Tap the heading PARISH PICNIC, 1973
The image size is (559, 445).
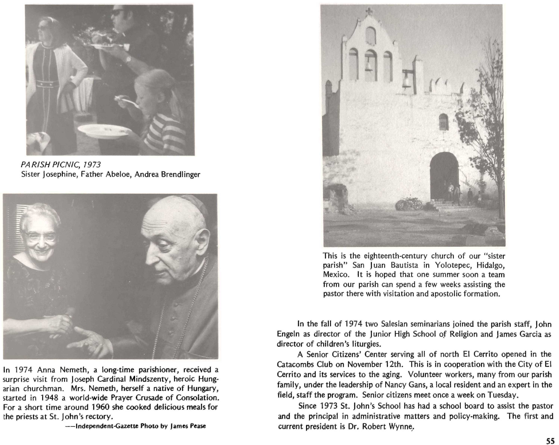click(61, 164)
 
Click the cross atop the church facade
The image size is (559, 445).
click(368, 11)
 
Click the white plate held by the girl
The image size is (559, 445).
click(104, 131)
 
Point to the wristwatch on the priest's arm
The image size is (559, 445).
click(128, 59)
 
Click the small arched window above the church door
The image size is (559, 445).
click(444, 122)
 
